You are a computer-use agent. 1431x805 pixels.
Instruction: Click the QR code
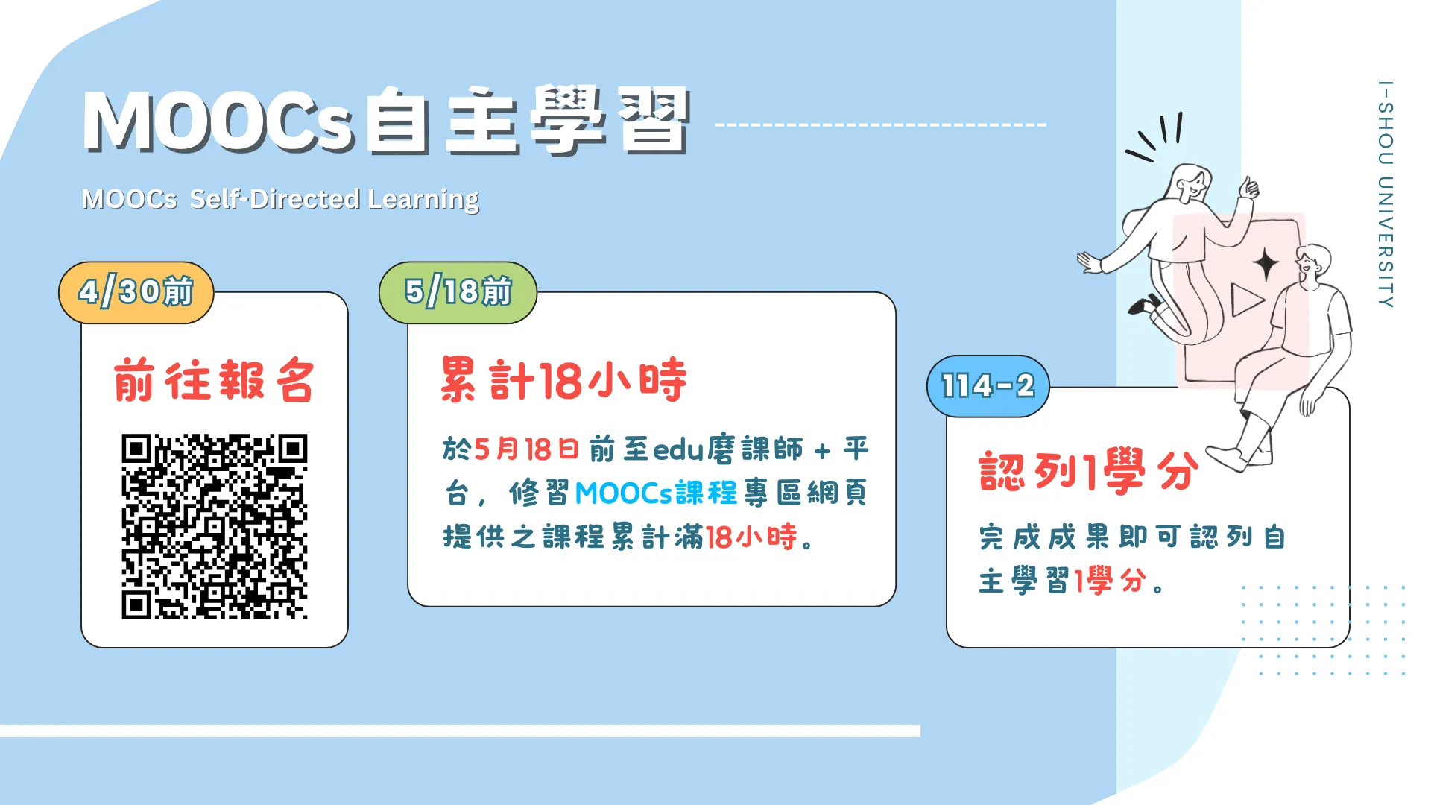pos(215,526)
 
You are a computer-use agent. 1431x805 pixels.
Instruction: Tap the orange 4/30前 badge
pos(136,292)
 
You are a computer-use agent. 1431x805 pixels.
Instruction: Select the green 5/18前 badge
pos(458,292)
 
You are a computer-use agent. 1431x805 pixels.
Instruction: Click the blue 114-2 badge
pos(988,386)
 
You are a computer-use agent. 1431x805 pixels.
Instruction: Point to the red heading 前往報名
pos(214,380)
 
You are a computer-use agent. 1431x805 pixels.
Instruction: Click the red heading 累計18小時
pos(563,379)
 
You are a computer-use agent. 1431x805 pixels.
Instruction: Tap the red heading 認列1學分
pos(1089,471)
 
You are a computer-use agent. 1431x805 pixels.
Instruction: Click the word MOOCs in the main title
pos(218,121)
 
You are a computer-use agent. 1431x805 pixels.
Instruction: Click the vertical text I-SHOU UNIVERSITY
pos(1386,194)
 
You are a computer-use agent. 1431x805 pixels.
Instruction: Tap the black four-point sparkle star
pos(1266,265)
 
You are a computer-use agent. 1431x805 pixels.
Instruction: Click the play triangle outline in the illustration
pos(1247,300)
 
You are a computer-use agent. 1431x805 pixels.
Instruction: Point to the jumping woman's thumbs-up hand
pos(1248,186)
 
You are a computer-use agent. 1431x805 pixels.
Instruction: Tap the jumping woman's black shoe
pos(1144,304)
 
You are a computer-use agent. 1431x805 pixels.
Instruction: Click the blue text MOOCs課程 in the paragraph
pos(656,493)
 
